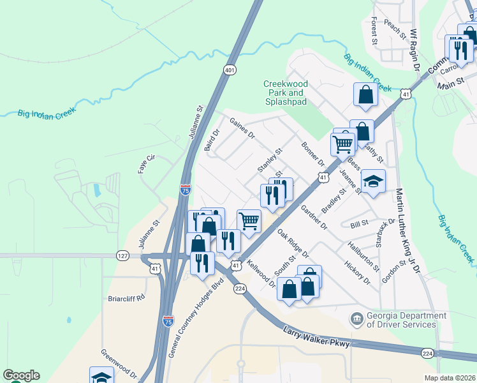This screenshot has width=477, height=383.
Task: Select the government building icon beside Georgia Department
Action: click(x=356, y=318)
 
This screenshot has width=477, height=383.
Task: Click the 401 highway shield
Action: click(x=229, y=69)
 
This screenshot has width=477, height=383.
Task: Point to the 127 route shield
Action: click(x=123, y=256)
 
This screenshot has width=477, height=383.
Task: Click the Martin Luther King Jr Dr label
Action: click(x=407, y=229)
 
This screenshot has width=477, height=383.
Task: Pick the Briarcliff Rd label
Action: click(x=127, y=297)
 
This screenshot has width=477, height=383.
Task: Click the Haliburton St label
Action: click(x=363, y=255)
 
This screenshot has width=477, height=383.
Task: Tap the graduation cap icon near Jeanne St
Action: click(x=373, y=181)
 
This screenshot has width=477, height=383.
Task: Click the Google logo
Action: click(x=21, y=375)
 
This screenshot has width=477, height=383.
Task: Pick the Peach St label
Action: click(x=395, y=29)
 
